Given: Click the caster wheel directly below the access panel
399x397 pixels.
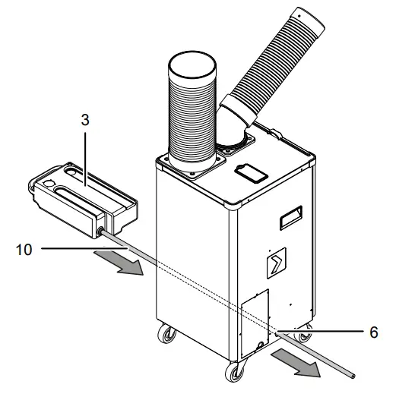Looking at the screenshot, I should [x=232, y=371].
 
